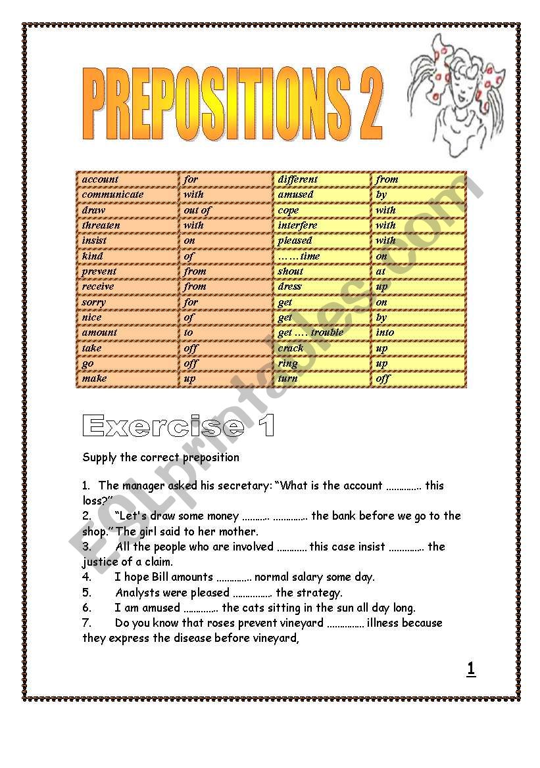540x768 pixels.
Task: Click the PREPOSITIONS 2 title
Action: tap(232, 106)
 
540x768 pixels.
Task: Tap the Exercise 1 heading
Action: tap(178, 426)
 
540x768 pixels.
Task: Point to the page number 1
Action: tap(471, 669)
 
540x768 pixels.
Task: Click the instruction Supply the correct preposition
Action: tap(160, 457)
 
